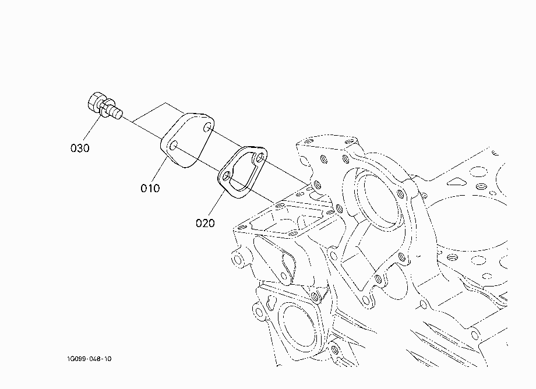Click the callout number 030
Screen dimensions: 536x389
(80, 148)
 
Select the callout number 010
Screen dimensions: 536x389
(150, 188)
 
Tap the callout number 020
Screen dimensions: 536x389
(205, 224)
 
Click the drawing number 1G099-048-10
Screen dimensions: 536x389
(89, 359)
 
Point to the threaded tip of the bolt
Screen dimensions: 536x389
(117, 113)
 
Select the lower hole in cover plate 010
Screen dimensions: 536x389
(173, 146)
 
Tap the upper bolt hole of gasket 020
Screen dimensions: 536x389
(260, 158)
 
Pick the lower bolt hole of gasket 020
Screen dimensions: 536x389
(226, 176)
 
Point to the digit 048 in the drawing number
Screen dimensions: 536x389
(92, 359)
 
